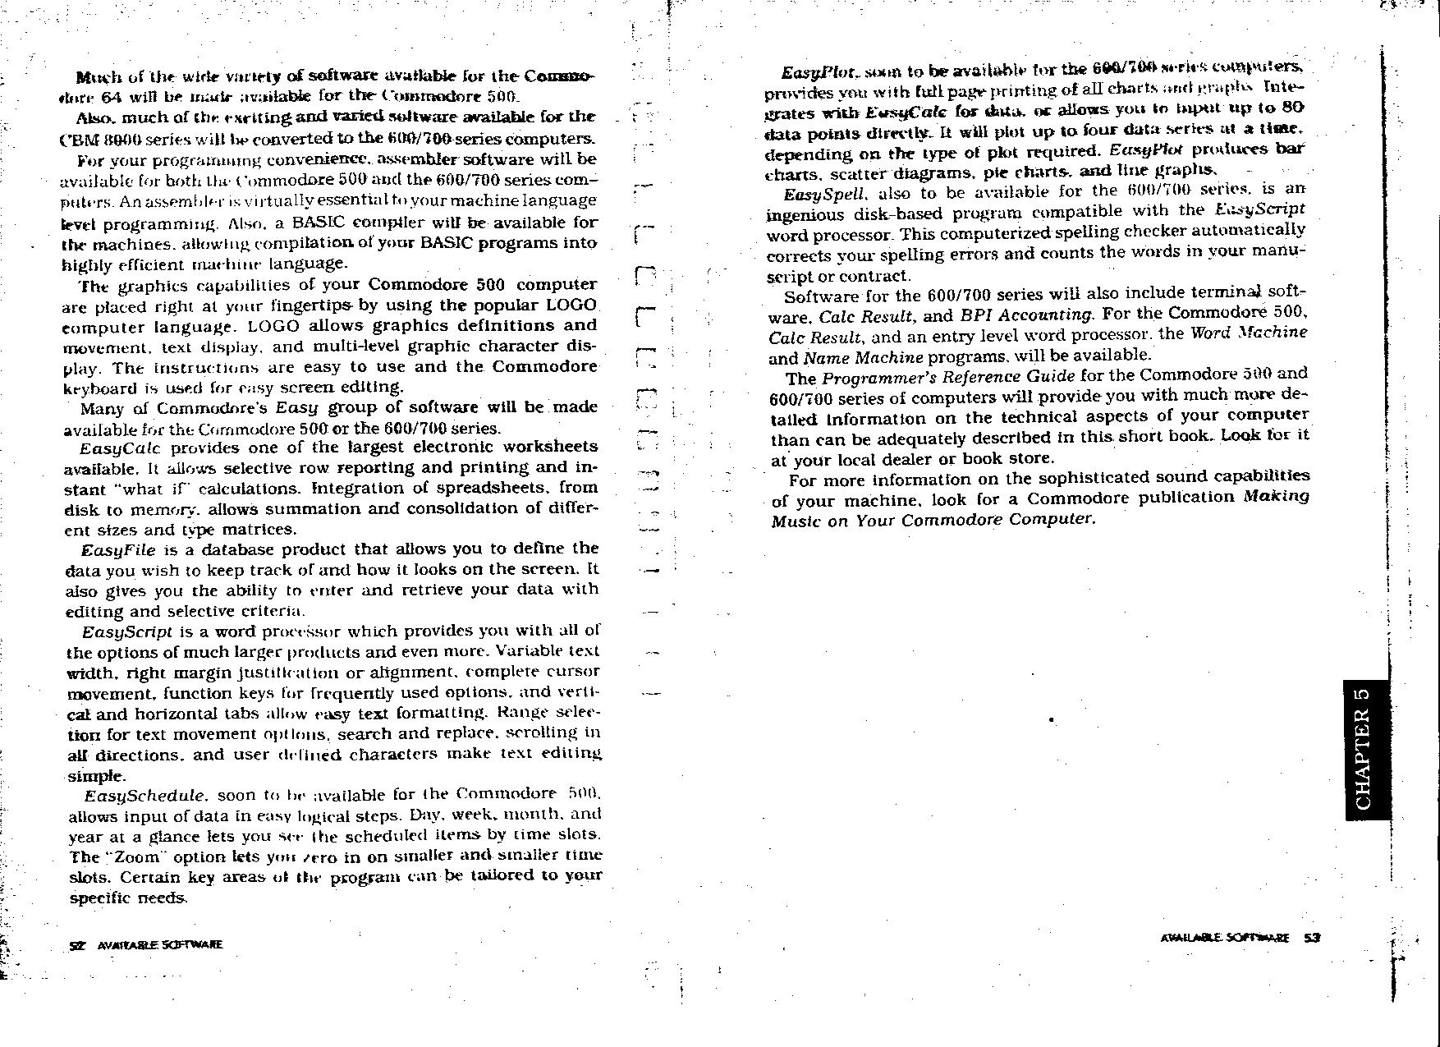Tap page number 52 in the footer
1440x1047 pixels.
pos(78,945)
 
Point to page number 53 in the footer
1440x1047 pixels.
pos(1311,937)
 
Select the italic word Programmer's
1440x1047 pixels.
pos(874,378)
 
